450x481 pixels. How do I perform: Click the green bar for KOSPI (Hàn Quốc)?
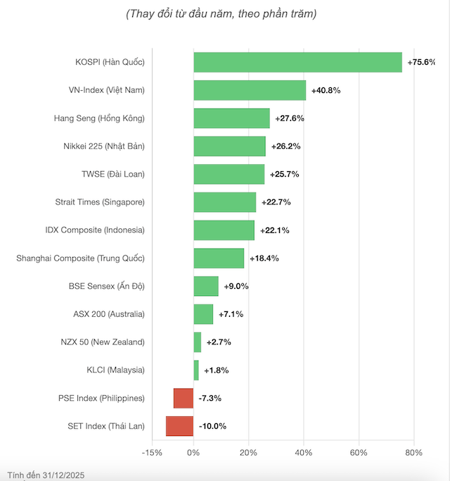point(297,62)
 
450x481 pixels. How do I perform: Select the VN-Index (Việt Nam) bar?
point(250,90)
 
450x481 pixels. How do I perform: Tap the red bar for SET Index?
point(179,426)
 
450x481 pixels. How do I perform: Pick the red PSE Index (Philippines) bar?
point(184,398)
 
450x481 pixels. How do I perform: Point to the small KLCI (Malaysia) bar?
point(196,370)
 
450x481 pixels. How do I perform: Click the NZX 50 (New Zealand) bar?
point(198,342)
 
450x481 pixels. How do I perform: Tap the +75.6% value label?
point(421,62)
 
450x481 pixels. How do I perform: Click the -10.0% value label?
point(212,426)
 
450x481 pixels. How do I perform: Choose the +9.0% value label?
point(236,286)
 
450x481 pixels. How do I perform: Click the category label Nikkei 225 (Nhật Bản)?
point(103,146)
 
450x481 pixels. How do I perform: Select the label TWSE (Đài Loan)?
point(113,174)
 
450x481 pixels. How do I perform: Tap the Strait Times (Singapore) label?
point(100,202)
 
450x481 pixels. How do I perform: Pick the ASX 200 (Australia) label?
point(109,314)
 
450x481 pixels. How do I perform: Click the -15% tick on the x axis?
point(152,453)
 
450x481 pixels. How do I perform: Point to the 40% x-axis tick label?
point(304,453)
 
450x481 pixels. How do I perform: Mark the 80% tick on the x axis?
point(413,453)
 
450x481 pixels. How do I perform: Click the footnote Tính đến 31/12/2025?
point(47,473)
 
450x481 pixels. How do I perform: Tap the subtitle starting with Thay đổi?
point(221,14)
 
